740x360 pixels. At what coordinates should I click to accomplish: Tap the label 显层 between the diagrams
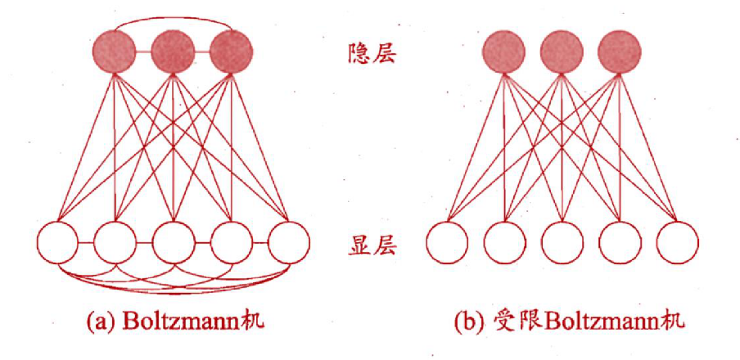[x=369, y=244]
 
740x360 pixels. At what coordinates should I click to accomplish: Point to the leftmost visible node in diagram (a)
[x=58, y=243]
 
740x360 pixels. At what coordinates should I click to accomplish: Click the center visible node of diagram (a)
[x=174, y=243]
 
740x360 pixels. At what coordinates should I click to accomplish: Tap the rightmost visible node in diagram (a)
[x=289, y=243]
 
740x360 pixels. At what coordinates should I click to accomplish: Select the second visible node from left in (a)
[x=115, y=243]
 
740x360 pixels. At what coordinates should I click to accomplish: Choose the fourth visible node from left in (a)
[x=232, y=243]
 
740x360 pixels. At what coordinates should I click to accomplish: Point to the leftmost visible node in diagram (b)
[x=447, y=243]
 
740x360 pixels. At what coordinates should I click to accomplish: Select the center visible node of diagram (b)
[x=562, y=243]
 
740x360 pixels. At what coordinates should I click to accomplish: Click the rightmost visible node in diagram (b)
[x=677, y=243]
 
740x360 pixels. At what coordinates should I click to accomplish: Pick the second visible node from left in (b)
[x=504, y=243]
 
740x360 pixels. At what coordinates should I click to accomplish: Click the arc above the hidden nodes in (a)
[x=173, y=15]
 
